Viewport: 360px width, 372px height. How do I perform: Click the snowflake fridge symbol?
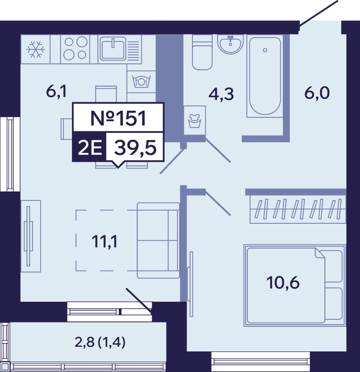(x=36, y=49)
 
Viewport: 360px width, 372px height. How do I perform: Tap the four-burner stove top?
(x=75, y=49)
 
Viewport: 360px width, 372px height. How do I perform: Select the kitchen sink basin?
(x=113, y=49)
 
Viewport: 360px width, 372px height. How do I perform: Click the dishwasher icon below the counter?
(x=141, y=82)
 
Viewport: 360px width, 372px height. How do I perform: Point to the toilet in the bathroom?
(x=202, y=53)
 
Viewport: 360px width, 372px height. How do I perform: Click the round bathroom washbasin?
(x=230, y=44)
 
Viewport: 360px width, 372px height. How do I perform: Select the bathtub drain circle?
(x=265, y=50)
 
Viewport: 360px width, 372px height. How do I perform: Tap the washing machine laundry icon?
(x=195, y=121)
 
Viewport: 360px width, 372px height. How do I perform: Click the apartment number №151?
(x=118, y=118)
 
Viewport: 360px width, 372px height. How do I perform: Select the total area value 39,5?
(x=136, y=148)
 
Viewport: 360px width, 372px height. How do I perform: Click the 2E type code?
(x=89, y=147)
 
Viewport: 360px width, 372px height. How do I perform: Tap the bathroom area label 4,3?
(x=221, y=94)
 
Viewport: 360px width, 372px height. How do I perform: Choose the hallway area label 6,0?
(x=317, y=93)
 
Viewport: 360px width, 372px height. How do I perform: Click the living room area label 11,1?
(x=104, y=242)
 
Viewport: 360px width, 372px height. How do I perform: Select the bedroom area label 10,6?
(x=283, y=283)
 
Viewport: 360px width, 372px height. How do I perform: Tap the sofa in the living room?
(x=158, y=240)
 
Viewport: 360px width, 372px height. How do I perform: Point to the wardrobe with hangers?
(x=298, y=209)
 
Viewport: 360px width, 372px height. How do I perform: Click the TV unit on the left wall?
(x=31, y=236)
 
